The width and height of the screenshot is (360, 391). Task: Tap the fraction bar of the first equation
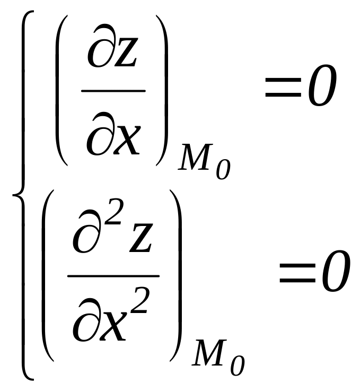113,91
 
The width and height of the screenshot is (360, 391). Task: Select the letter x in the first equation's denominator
127,138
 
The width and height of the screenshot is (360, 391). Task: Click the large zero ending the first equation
322,85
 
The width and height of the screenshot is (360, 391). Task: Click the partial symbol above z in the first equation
100,49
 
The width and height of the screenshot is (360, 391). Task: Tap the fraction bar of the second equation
113,276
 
